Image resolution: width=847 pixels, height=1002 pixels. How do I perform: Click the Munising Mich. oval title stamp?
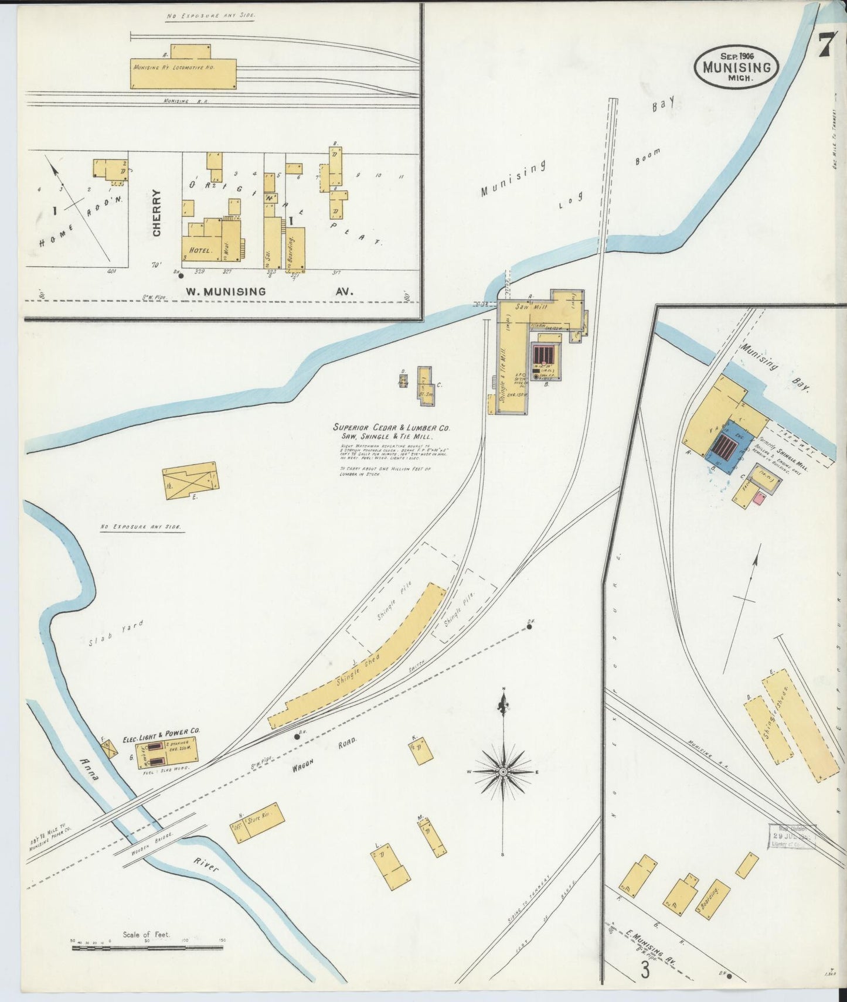pyautogui.click(x=737, y=66)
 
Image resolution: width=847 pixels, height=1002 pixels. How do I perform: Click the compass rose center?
pyautogui.click(x=503, y=772)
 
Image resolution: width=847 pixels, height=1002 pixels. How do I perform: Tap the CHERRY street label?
pyautogui.click(x=157, y=213)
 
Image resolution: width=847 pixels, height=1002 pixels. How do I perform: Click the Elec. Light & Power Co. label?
pyautogui.click(x=161, y=731)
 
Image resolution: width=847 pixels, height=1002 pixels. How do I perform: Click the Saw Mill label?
pyautogui.click(x=531, y=306)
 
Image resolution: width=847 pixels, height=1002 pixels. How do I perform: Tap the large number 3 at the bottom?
pyautogui.click(x=645, y=970)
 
